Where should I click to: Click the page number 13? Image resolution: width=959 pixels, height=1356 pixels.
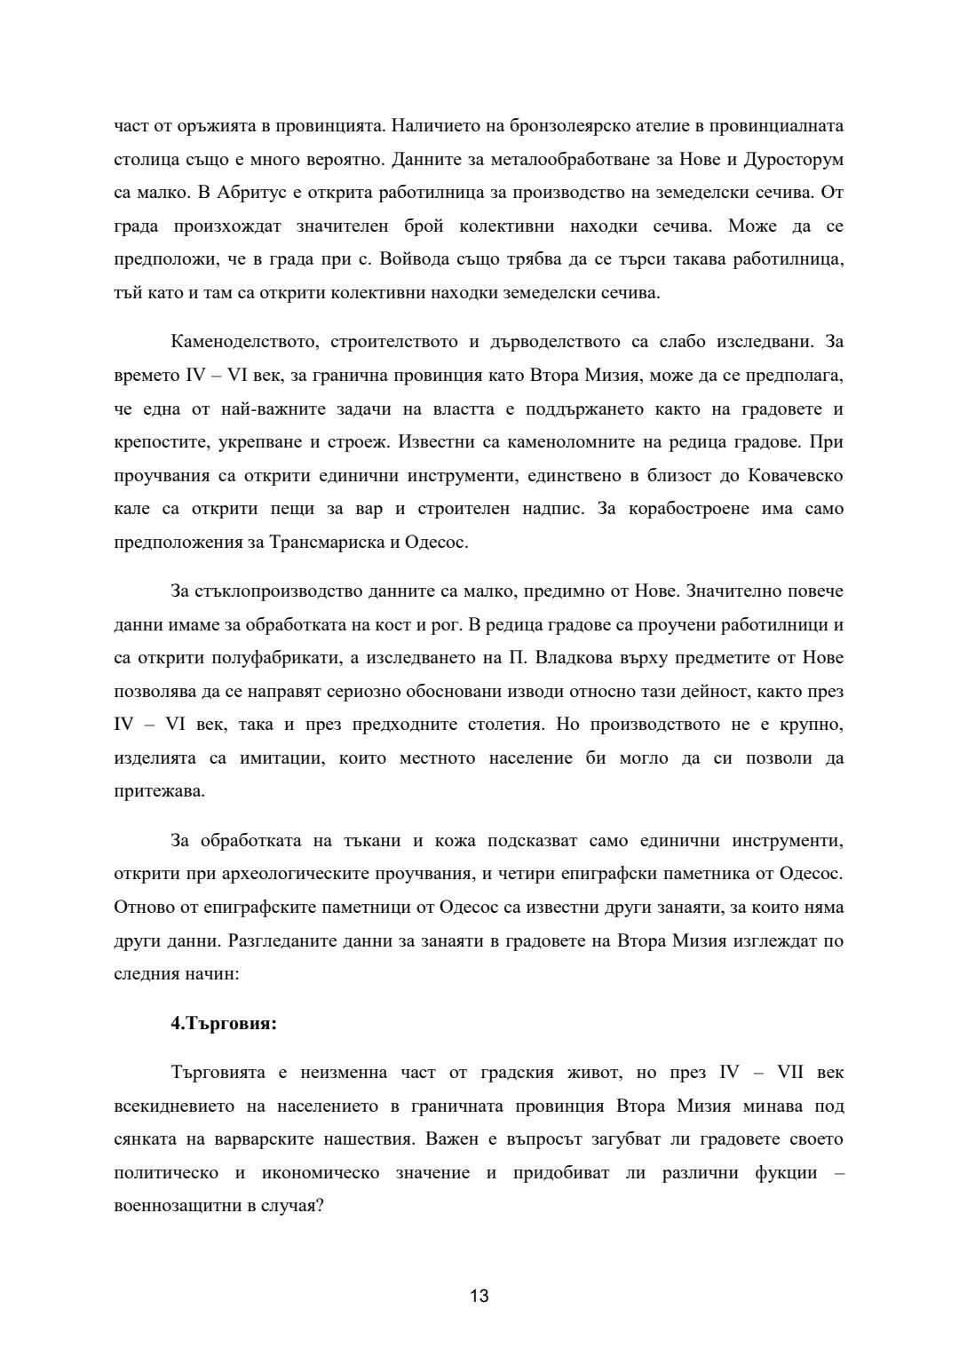(x=479, y=1296)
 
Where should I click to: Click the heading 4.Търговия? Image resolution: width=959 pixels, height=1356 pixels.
(x=224, y=1023)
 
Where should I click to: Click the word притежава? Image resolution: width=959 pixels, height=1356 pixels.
(x=159, y=791)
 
